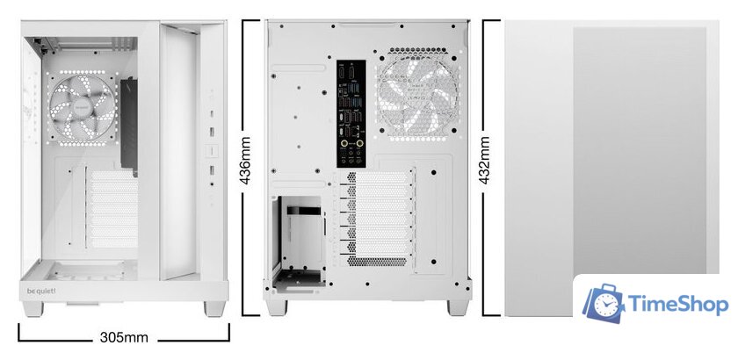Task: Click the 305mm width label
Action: click(x=124, y=337)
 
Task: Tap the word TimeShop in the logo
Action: click(x=678, y=305)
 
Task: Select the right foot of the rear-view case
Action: click(x=458, y=307)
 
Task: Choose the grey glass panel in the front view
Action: click(x=640, y=167)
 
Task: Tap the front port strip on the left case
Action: click(x=212, y=132)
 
